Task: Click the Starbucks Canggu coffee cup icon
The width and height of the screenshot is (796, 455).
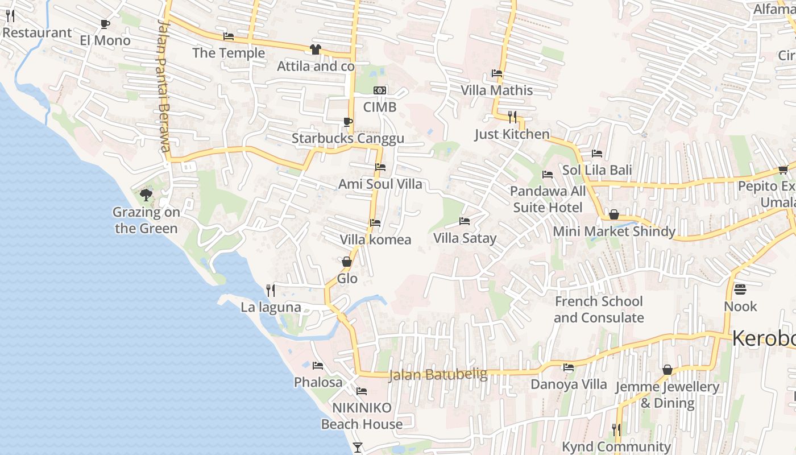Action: coord(347,122)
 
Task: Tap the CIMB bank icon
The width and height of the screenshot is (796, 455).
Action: coord(379,91)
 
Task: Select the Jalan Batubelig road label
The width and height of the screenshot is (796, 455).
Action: coord(438,374)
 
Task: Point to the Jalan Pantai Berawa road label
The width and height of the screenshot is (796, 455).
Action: coord(164,85)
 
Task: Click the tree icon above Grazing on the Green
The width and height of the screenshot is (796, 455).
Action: coord(146,196)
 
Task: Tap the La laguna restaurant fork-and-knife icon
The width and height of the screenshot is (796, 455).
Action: coord(271,291)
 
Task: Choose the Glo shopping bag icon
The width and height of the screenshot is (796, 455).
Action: coord(347,262)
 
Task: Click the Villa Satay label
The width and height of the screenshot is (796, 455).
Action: coord(465,238)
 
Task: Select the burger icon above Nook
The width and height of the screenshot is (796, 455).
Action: coord(740,289)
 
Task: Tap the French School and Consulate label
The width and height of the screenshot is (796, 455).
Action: coord(599,309)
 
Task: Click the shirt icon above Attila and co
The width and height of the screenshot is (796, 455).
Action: coord(316,49)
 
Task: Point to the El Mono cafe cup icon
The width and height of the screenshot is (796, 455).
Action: coord(105,24)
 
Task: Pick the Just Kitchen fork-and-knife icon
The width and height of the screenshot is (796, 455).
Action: coord(512,117)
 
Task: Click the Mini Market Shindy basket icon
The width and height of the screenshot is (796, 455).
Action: coord(614,214)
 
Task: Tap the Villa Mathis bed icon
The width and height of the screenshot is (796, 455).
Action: coord(497,73)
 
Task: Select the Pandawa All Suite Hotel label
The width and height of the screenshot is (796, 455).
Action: coord(548,199)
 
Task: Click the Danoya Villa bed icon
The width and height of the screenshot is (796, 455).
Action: coord(569,367)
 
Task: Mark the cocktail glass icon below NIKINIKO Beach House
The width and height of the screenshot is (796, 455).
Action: coord(358,448)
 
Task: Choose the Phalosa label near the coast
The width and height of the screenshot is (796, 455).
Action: coord(318,382)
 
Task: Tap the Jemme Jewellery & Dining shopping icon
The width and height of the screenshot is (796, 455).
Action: coord(668,370)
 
